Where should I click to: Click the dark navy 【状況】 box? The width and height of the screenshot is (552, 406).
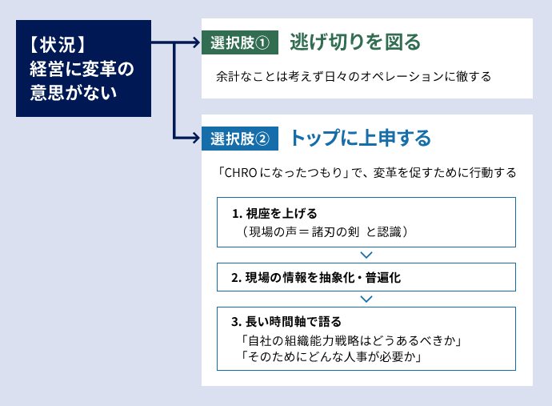coord(83,68)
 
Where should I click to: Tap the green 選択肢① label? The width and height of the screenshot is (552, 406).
coord(240,42)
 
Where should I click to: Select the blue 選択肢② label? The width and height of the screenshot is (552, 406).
coord(240,139)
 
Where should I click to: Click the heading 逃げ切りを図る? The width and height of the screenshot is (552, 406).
coord(355,42)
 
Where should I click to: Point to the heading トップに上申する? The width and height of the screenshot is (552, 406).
coord(360,138)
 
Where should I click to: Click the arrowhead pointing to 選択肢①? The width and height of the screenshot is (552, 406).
coord(197,42)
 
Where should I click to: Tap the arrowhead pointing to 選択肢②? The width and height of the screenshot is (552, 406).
coord(197,138)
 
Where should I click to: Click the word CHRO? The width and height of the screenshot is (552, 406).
coord(241,173)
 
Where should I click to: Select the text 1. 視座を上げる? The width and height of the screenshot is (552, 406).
coord(274,214)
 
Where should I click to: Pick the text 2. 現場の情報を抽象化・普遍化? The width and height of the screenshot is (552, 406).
coord(316,278)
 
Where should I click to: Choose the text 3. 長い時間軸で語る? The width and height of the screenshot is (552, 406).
coord(286,322)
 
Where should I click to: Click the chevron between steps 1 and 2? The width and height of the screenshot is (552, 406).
coord(366,255)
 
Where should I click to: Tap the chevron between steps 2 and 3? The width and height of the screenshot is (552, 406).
coord(366,299)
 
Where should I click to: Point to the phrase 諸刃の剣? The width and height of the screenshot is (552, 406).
coord(335,232)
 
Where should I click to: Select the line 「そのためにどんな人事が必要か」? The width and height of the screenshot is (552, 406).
coord(331,356)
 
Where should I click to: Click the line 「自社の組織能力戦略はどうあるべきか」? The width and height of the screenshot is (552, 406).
coord(351,340)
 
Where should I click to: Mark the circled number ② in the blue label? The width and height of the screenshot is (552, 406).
coord(262,139)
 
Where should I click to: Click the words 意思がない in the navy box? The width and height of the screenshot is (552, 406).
coord(74,92)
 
